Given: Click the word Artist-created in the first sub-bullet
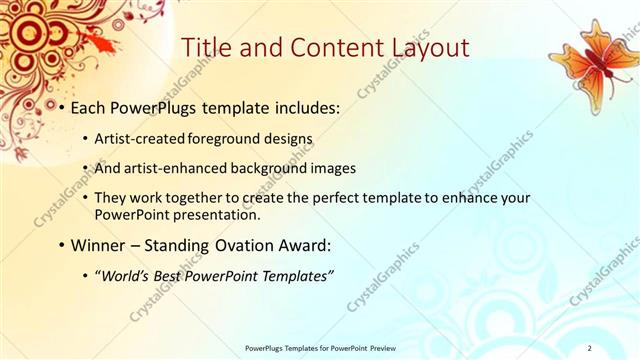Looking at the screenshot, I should click(144, 138).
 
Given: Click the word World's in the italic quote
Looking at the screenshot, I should click(128, 275).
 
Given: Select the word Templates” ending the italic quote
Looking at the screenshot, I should click(296, 275).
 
